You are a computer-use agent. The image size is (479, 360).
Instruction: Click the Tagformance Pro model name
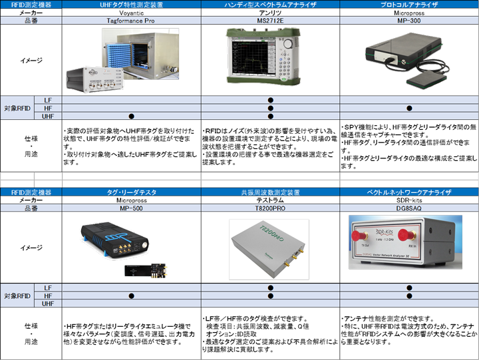click(132, 21)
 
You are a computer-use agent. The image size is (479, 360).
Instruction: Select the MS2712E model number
click(270, 21)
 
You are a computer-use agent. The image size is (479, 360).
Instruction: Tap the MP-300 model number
click(409, 21)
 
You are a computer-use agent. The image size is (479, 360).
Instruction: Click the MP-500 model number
click(132, 208)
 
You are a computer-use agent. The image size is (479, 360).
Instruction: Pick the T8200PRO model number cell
click(270, 208)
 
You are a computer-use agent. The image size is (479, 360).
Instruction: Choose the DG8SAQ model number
click(409, 208)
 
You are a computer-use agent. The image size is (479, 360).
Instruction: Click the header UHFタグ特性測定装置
click(132, 5)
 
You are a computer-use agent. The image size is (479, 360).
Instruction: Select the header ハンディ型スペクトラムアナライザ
click(270, 5)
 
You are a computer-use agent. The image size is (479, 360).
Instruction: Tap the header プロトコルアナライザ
click(409, 5)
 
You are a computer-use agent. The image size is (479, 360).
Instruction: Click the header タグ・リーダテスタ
click(132, 192)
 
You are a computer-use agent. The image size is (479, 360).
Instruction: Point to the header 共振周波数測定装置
click(270, 192)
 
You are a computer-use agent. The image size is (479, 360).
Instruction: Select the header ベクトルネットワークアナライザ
click(409, 192)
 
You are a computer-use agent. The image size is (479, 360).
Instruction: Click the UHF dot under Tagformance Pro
click(132, 116)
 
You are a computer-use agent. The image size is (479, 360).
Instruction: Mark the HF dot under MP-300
click(409, 108)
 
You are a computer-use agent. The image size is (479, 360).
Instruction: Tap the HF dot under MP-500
click(132, 295)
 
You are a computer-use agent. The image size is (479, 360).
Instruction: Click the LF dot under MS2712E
click(270, 100)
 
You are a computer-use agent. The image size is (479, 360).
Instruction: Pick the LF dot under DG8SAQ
click(409, 287)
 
